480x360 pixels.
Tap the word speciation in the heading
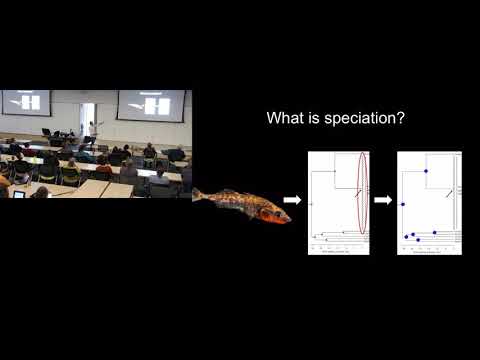pyautogui.click(x=359, y=118)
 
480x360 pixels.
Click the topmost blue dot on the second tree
pyautogui.click(x=426, y=171)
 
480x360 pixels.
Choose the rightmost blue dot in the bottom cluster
pyautogui.click(x=435, y=232)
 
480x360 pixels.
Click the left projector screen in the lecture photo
pyautogui.click(x=27, y=102)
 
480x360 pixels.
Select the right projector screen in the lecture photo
pyautogui.click(x=151, y=104)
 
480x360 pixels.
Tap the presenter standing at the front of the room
pyautogui.click(x=91, y=130)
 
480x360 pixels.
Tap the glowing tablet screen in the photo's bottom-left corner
pyautogui.click(x=18, y=194)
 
